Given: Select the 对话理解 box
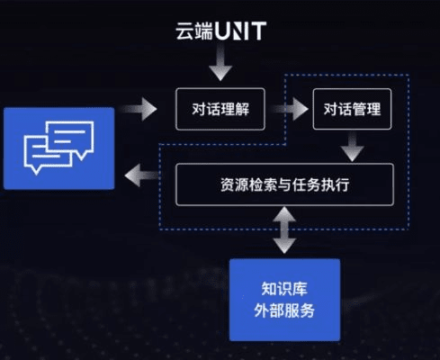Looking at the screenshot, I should pyautogui.click(x=220, y=111).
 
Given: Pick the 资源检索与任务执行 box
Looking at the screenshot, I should pyautogui.click(x=283, y=185).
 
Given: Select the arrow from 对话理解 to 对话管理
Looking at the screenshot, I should pyautogui.click(x=288, y=111).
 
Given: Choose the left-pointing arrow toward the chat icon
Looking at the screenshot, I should pyautogui.click(x=142, y=175).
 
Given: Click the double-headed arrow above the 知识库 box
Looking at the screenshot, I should pyautogui.click(x=284, y=230).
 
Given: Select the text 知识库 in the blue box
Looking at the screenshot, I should pyautogui.click(x=284, y=290).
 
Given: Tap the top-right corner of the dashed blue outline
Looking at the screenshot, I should pyautogui.click(x=409, y=75).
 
